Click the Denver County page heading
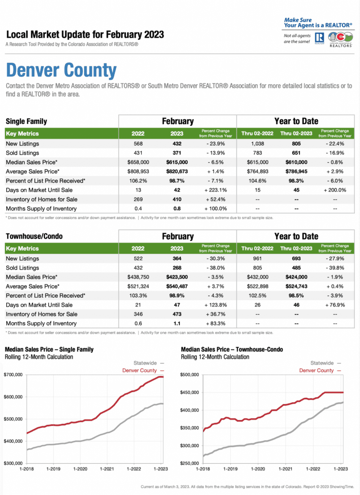point(61,70)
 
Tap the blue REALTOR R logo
point(319,38)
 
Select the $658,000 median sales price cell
point(138,162)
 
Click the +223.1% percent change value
point(216,190)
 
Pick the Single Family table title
point(26,121)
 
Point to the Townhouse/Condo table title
point(34,236)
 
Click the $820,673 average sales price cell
point(177,172)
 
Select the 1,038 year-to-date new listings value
point(257,144)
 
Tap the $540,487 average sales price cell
point(177,286)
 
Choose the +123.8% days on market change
point(216,305)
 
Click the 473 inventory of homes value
point(177,314)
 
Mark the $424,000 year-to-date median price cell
point(296,277)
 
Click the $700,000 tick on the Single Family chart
point(13,375)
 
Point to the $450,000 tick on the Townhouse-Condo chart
point(190,393)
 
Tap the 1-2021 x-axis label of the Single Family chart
point(107,469)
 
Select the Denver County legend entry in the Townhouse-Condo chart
point(320,370)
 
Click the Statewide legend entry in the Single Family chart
point(149,363)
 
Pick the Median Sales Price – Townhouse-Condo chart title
point(232,349)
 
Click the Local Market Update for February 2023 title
point(85,34)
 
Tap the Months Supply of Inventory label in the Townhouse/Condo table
point(41,323)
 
